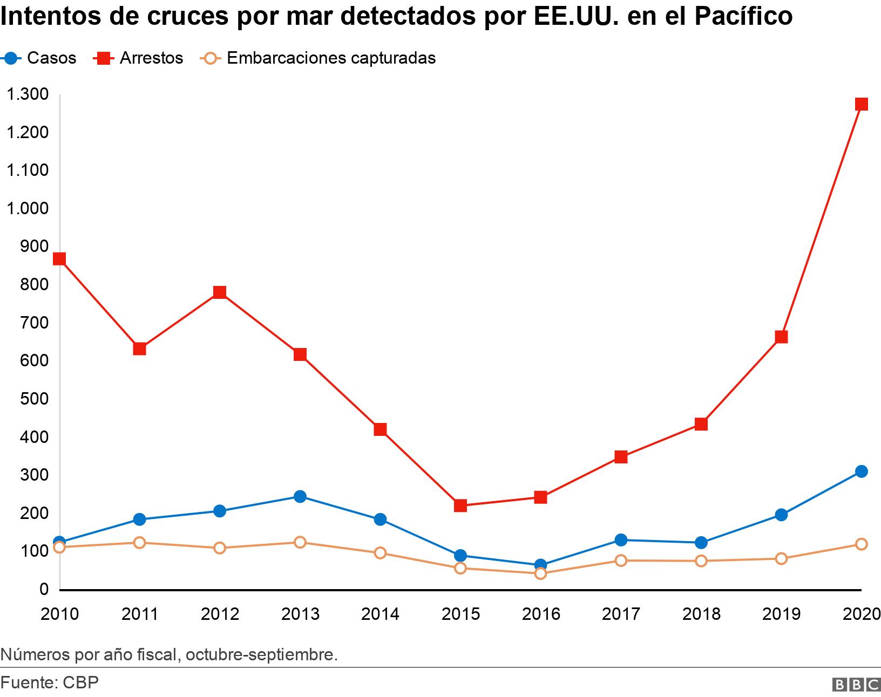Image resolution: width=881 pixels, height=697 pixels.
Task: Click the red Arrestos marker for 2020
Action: pyautogui.click(x=861, y=104)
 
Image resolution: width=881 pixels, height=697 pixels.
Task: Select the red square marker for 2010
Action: pyautogui.click(x=59, y=259)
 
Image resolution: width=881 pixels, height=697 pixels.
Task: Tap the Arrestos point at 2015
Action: pyautogui.click(x=460, y=505)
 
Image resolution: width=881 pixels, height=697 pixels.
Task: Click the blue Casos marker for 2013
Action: pyautogui.click(x=300, y=496)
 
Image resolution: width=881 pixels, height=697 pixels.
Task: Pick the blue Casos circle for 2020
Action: pyautogui.click(x=861, y=471)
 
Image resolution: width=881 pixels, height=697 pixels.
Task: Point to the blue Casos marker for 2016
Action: pyautogui.click(x=540, y=565)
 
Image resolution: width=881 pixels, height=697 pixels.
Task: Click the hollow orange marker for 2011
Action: pyautogui.click(x=139, y=542)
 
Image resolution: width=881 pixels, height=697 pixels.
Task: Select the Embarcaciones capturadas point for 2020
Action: pyautogui.click(x=861, y=544)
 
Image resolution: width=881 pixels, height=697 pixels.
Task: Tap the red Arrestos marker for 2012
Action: pyautogui.click(x=219, y=292)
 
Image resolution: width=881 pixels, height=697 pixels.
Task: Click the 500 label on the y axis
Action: pyautogui.click(x=33, y=399)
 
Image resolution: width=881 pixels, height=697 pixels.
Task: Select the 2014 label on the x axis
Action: pyautogui.click(x=380, y=614)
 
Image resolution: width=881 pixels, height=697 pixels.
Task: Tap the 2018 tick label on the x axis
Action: pyautogui.click(x=701, y=614)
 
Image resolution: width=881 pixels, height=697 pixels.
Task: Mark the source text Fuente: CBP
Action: pyautogui.click(x=50, y=682)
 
